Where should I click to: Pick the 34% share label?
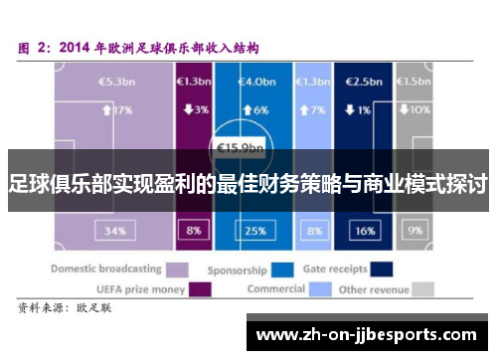[x=115, y=231]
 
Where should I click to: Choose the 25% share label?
[x=255, y=231]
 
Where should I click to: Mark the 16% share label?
[x=364, y=231]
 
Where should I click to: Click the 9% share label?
[x=415, y=231]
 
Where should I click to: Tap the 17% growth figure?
[x=118, y=110]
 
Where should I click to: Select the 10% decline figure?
[x=416, y=110]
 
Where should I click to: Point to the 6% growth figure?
[x=256, y=110]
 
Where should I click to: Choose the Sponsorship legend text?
[x=237, y=270]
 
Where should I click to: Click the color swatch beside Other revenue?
[x=424, y=289]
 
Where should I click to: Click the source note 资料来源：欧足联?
[x=67, y=309]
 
